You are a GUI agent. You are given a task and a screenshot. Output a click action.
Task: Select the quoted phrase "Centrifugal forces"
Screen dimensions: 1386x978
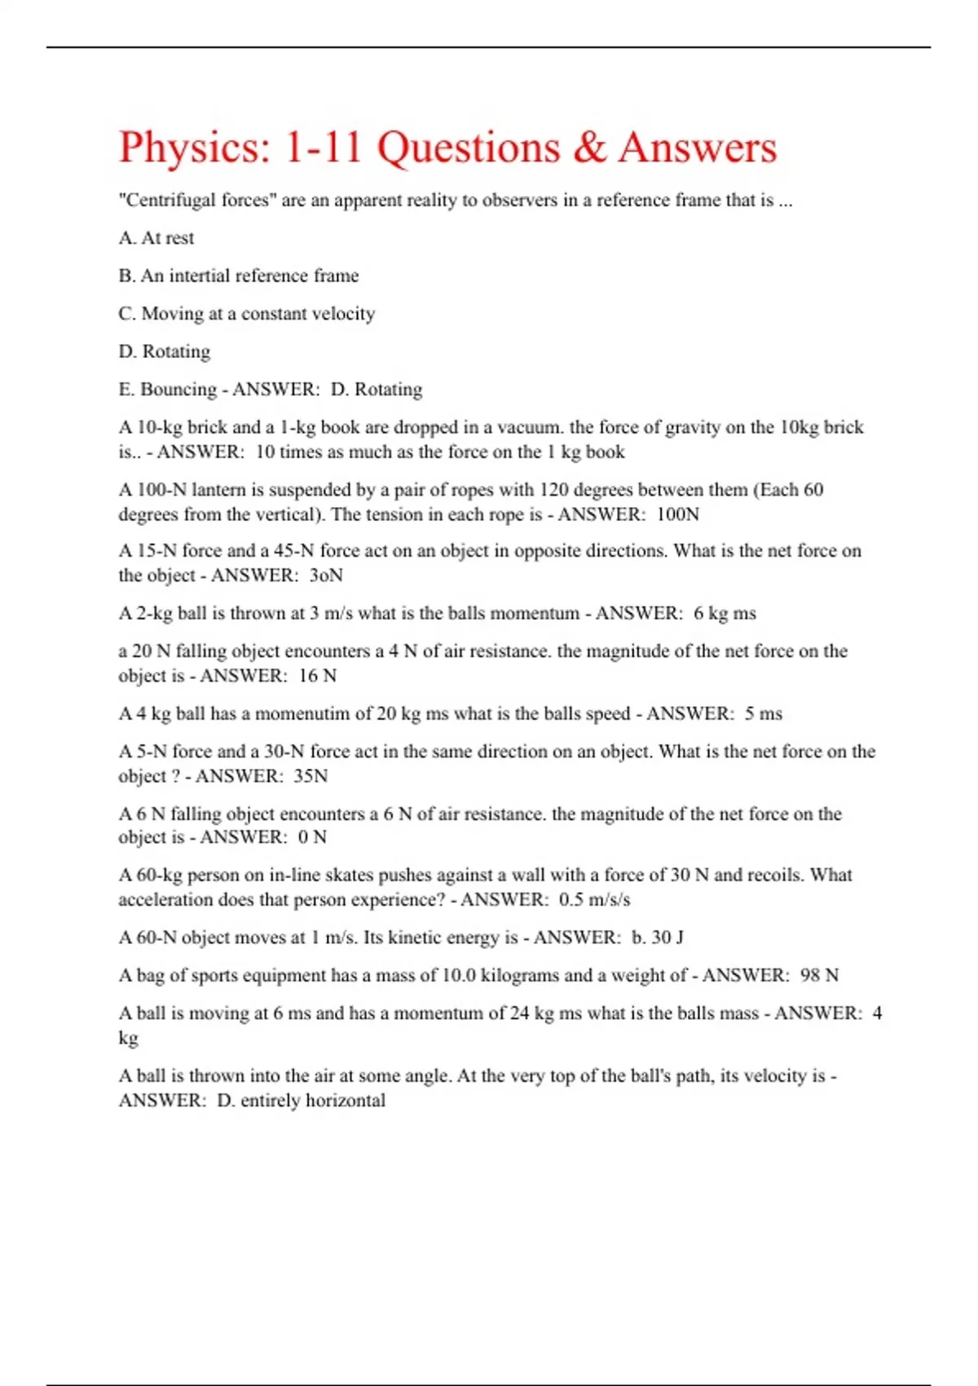click(196, 201)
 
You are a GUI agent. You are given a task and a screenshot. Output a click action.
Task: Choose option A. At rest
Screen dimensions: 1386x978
click(156, 238)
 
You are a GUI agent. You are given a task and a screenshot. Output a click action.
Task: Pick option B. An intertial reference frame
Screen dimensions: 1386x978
click(239, 276)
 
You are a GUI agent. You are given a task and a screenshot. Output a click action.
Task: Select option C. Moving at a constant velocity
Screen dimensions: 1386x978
click(247, 314)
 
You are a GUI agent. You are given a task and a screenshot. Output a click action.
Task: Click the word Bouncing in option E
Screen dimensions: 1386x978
click(178, 390)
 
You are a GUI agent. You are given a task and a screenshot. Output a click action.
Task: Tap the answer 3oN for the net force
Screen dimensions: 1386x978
click(326, 576)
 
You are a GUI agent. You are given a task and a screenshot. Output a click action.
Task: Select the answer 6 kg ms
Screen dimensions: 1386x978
click(725, 613)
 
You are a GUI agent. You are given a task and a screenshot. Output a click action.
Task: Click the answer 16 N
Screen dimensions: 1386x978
click(318, 676)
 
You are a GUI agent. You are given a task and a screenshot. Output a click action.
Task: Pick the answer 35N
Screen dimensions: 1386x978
click(311, 776)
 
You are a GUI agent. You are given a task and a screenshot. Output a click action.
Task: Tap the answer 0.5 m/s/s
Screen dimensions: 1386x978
click(594, 900)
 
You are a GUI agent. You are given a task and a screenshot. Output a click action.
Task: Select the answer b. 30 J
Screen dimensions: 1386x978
click(657, 938)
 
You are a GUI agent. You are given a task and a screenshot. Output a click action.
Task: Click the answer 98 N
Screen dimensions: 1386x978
click(819, 975)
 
